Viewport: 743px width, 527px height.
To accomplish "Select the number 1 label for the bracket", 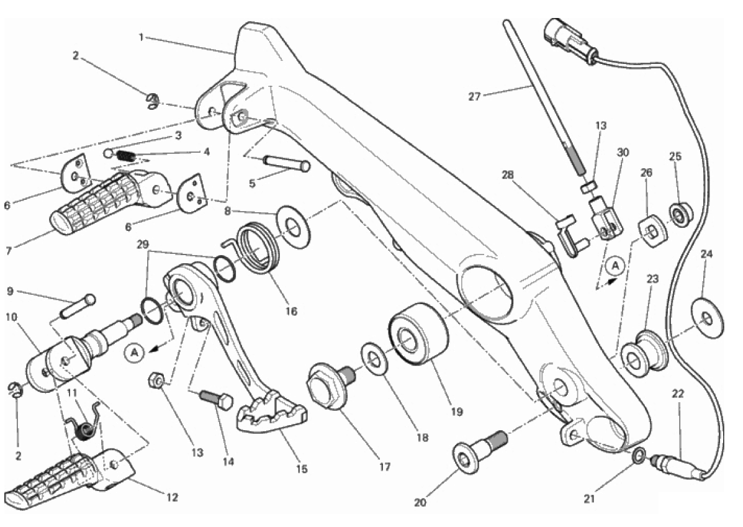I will (x=142, y=37).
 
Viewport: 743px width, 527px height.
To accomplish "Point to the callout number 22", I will (x=677, y=394).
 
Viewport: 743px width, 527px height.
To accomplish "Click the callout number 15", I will (x=301, y=469).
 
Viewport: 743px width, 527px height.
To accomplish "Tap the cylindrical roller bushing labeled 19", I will (x=417, y=334).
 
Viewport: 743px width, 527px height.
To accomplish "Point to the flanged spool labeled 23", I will (x=644, y=353).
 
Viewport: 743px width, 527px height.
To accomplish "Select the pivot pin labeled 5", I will (x=287, y=163).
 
